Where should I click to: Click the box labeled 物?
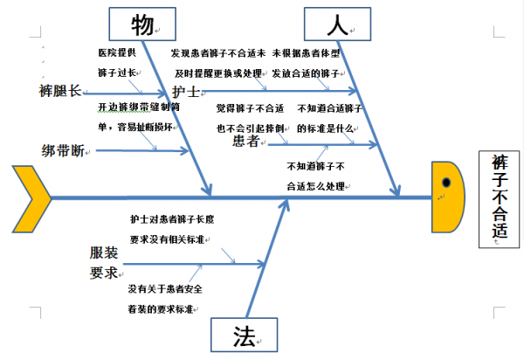tap(141, 23)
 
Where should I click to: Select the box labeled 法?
tap(243, 336)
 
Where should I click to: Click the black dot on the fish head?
tap(446, 183)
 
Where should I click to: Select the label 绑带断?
tap(63, 149)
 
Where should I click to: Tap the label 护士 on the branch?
tap(184, 92)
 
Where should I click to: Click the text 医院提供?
tap(117, 53)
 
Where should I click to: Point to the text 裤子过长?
tap(117, 73)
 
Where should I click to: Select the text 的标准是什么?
tap(325, 128)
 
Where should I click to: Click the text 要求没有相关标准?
tap(167, 239)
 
